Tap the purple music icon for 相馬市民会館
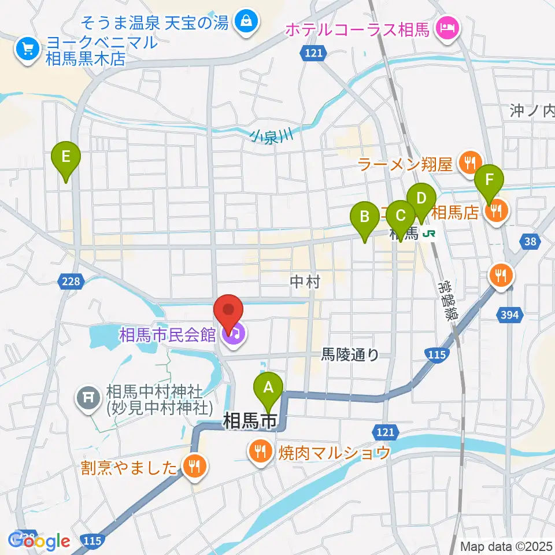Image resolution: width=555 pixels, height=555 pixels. tap(235, 335)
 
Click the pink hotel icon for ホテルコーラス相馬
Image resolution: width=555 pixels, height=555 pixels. tap(447, 26)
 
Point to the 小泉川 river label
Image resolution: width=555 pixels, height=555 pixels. tap(272, 137)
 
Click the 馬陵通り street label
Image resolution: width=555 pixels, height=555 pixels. tap(350, 355)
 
